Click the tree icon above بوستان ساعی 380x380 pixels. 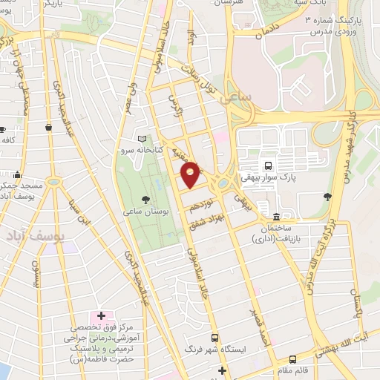(x=145, y=198)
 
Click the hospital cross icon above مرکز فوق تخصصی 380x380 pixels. (x=102, y=317)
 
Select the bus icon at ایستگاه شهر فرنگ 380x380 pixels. (x=215, y=337)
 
